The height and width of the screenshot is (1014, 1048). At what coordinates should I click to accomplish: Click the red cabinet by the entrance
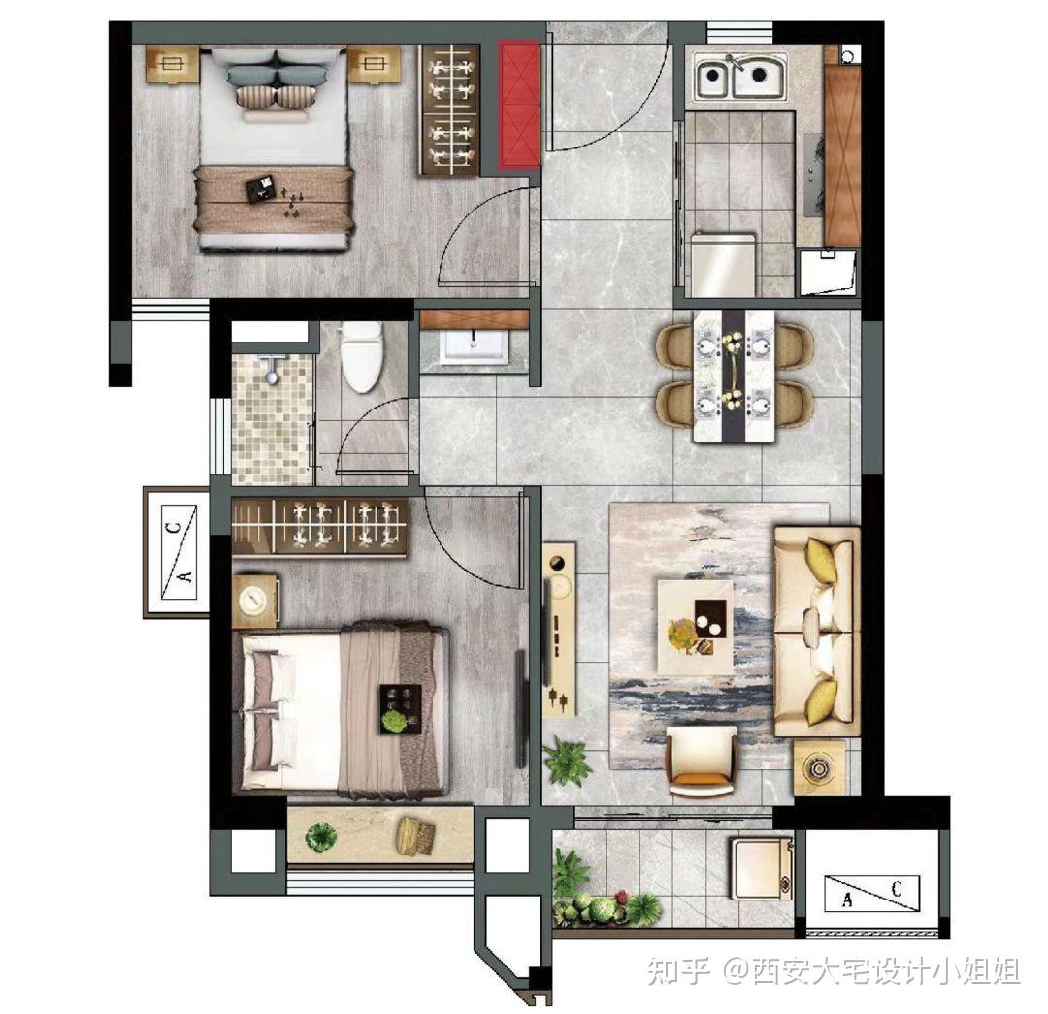click(518, 104)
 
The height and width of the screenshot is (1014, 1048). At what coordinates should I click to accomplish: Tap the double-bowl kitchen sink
click(740, 77)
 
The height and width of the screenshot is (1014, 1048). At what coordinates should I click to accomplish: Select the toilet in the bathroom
click(362, 356)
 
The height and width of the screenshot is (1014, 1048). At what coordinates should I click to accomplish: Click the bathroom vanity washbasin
click(474, 344)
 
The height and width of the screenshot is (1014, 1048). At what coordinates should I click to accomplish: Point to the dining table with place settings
click(734, 376)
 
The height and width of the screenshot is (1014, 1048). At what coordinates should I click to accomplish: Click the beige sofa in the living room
click(816, 632)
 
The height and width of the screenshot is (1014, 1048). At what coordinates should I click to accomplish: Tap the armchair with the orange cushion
click(702, 762)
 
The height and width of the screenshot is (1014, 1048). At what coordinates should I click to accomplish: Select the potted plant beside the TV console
click(568, 761)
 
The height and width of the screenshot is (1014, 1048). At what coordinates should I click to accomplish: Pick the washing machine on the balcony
click(762, 868)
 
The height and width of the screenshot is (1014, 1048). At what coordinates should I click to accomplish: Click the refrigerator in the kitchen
click(723, 264)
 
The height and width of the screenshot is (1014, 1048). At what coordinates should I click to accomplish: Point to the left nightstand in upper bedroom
click(173, 65)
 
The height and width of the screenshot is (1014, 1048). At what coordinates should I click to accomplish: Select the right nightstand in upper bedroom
click(373, 65)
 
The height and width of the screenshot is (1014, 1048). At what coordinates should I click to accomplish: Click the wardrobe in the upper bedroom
click(450, 110)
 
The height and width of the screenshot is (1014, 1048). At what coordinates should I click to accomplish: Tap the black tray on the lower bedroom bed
click(401, 709)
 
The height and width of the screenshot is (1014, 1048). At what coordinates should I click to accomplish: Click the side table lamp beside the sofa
click(819, 768)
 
